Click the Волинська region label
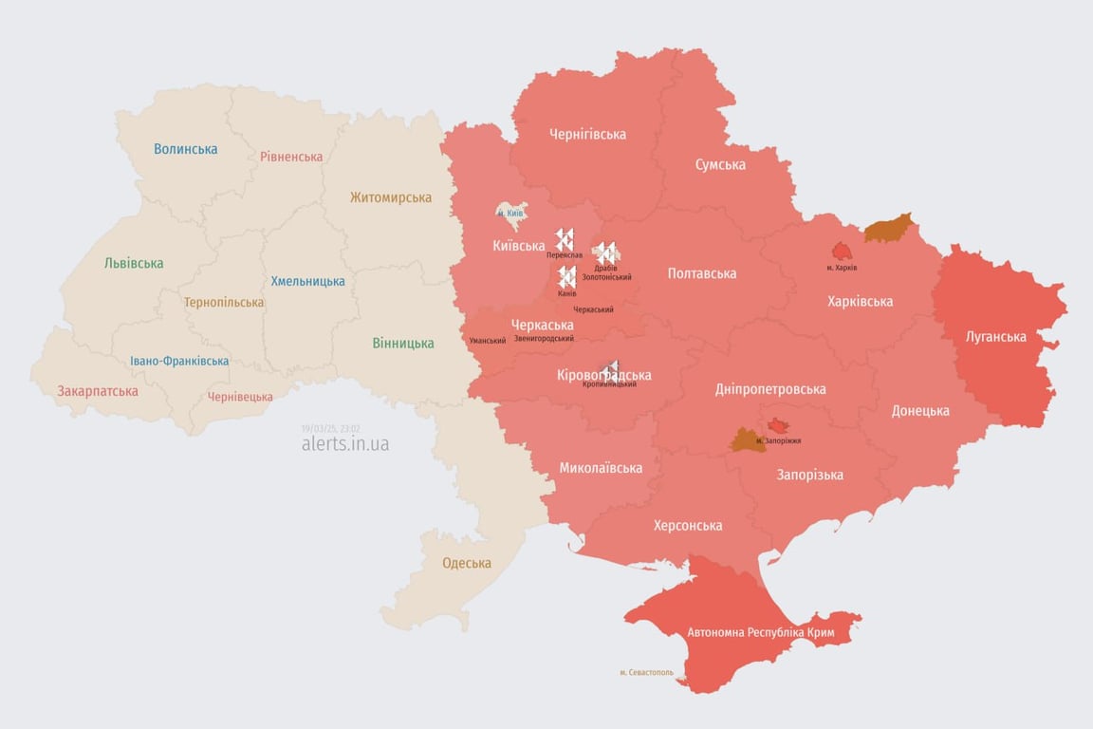[x=185, y=149]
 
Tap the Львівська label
[x=134, y=263]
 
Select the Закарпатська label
[x=98, y=391]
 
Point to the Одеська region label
[x=467, y=563]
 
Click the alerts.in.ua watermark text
[x=344, y=443]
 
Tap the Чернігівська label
[x=587, y=134]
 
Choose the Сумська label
[x=720, y=164]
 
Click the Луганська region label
[x=995, y=336]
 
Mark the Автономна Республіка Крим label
[x=748, y=631]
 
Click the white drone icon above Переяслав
[x=565, y=239]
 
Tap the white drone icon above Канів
[x=566, y=276]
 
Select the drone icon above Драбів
[x=605, y=252]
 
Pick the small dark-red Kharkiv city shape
[x=842, y=251]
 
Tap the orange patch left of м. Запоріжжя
[x=745, y=439]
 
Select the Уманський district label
[x=487, y=340]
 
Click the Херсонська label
[x=688, y=525]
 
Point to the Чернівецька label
[x=240, y=397]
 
